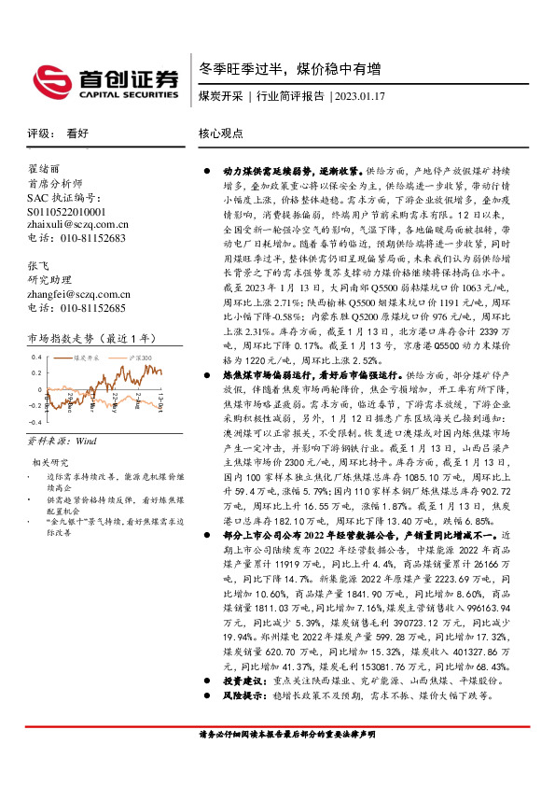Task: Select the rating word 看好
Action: tap(78, 133)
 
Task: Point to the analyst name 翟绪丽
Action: tap(44, 169)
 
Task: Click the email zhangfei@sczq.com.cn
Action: tap(76, 294)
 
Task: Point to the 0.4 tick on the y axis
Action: tap(37, 358)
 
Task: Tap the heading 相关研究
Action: tap(50, 462)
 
